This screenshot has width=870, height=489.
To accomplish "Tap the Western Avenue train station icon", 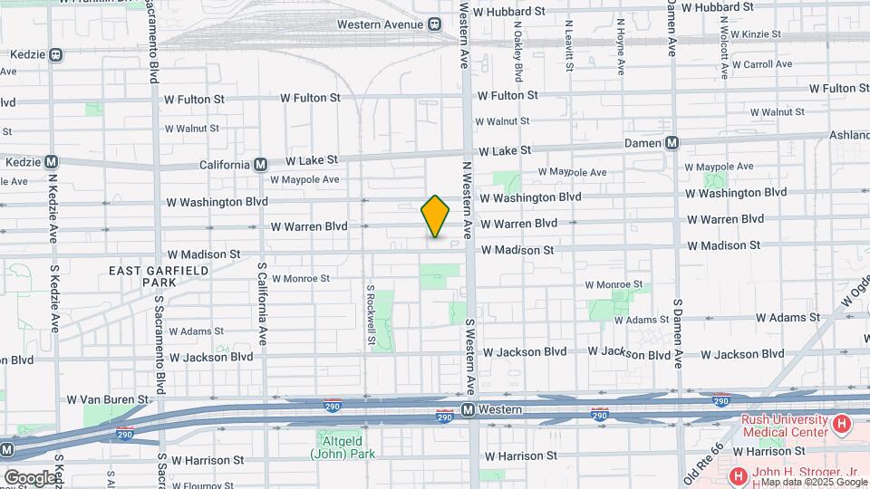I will (434, 24).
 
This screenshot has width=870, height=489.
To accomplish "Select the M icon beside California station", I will (260, 165).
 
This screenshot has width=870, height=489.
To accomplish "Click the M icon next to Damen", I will (672, 143).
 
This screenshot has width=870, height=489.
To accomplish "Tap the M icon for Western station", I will (468, 410).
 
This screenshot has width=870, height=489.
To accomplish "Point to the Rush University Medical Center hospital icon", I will (842, 424).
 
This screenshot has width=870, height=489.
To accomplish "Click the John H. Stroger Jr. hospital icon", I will (738, 475).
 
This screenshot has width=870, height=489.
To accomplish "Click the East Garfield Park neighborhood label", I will (159, 276).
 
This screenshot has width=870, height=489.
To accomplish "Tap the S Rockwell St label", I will (371, 315).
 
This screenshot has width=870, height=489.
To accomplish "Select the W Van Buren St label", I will (107, 398).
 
